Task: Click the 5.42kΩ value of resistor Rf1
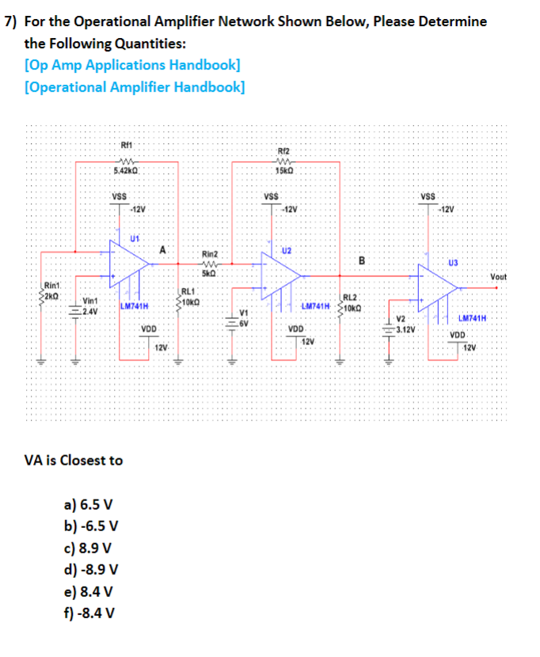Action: pos(127,171)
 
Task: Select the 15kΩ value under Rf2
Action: pos(283,172)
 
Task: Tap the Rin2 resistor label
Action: pos(211,254)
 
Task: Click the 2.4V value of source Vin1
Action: pos(91,310)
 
